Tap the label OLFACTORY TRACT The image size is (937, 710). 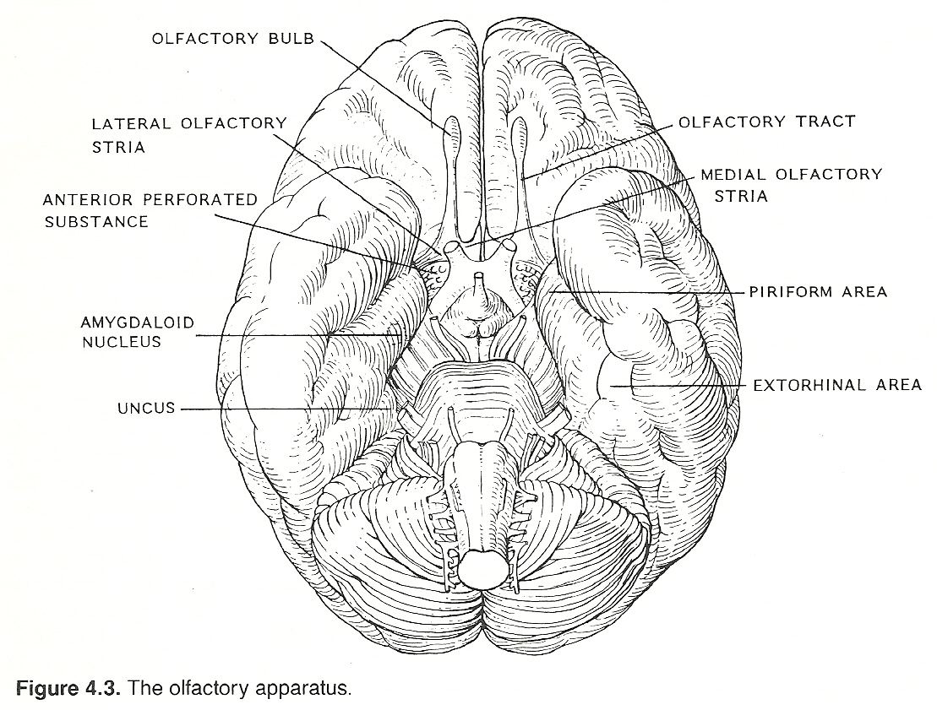(767, 122)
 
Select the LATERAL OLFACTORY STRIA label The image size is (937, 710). (190, 134)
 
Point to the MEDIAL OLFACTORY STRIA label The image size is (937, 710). (791, 185)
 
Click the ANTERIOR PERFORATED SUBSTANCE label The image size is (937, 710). (150, 210)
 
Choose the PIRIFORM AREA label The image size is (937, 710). (818, 292)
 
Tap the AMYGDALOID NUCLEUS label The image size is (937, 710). (137, 332)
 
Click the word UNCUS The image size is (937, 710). (146, 409)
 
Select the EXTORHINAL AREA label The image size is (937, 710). (836, 385)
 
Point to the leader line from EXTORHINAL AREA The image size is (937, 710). (684, 386)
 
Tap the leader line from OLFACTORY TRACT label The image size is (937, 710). (600, 151)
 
